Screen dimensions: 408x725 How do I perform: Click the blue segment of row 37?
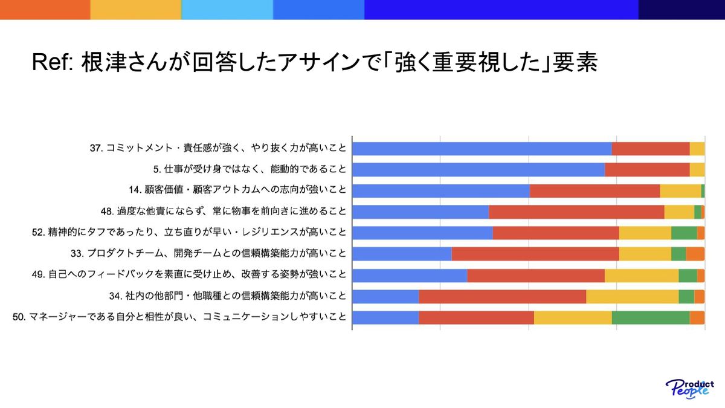[x=482, y=149]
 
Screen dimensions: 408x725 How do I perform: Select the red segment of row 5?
[x=647, y=170]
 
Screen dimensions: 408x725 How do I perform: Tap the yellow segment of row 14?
[x=680, y=191]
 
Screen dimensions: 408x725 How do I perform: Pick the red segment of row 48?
[x=576, y=212]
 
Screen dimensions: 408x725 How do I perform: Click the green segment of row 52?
[x=684, y=233]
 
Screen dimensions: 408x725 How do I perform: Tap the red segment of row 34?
[x=502, y=297]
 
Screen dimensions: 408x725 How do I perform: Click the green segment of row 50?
[x=651, y=318]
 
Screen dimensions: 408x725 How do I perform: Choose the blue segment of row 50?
[x=385, y=318]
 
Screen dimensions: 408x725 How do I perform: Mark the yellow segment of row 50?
[x=573, y=318]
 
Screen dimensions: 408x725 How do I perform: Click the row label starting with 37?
[x=218, y=148]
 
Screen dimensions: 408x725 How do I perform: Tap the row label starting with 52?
[x=189, y=233]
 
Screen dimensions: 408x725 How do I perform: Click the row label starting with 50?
[x=180, y=317]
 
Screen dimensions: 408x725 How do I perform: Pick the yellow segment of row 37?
[x=697, y=149]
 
